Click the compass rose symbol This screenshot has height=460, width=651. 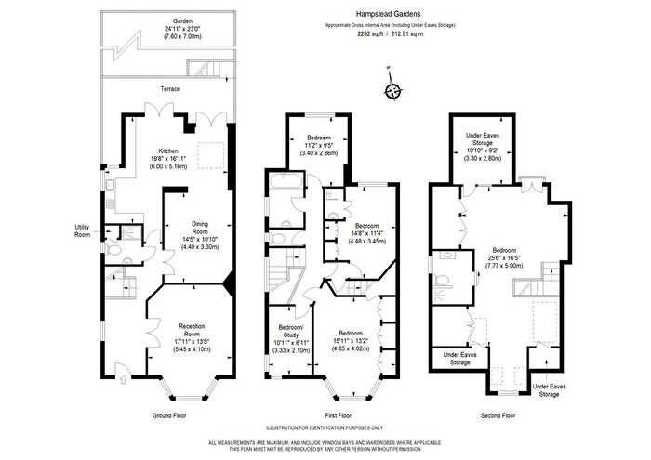tap(392, 90)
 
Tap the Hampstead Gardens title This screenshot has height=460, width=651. tap(391, 14)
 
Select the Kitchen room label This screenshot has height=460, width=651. tap(168, 151)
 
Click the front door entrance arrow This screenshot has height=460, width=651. tap(123, 379)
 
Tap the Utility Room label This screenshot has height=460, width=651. tap(82, 231)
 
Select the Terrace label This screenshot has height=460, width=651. tap(170, 89)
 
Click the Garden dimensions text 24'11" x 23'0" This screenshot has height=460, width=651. tap(182, 29)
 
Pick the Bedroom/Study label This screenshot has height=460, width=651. tap(291, 331)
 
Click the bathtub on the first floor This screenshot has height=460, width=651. tap(286, 182)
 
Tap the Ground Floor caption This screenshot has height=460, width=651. tap(169, 415)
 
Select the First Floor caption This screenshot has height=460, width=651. tap(339, 415)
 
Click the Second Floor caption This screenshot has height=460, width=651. tap(498, 415)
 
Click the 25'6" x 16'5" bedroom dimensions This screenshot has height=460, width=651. tap(504, 258)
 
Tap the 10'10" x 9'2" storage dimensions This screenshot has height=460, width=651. tap(483, 151)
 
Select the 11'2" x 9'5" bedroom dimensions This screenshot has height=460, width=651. tap(319, 145)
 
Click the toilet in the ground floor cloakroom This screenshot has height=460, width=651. tap(113, 250)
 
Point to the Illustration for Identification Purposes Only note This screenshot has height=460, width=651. tap(325, 428)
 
